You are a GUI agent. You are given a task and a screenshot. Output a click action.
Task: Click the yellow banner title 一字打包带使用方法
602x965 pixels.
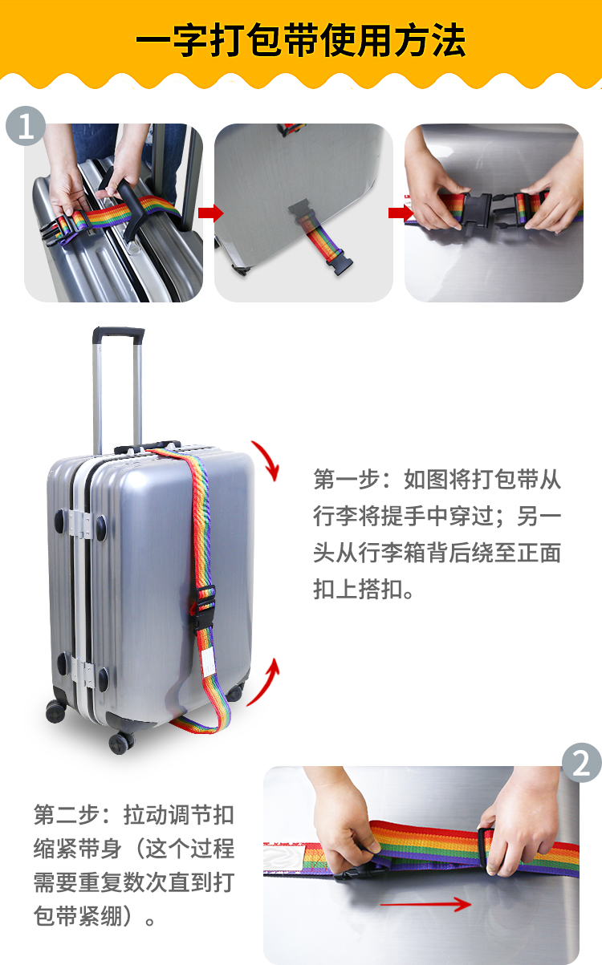pos(301,40)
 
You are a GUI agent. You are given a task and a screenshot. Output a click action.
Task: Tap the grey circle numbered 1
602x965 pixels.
pos(26,126)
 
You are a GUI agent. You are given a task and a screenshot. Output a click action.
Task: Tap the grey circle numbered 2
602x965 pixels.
pos(581,763)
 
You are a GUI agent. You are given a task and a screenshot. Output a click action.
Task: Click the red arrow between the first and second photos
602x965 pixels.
pos(211,213)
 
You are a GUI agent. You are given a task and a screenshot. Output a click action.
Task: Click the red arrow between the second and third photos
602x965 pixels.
pos(401,213)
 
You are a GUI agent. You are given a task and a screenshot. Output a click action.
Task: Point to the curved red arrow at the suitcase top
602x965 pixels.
pos(266,460)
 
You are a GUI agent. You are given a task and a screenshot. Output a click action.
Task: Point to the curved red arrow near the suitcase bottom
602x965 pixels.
pos(264,683)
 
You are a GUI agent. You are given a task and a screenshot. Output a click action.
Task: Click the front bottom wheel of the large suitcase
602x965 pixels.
pos(121,742)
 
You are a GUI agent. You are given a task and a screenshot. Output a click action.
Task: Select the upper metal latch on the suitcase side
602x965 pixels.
pos(80,525)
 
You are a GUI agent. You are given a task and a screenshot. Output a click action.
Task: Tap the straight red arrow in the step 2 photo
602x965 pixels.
pos(425,905)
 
